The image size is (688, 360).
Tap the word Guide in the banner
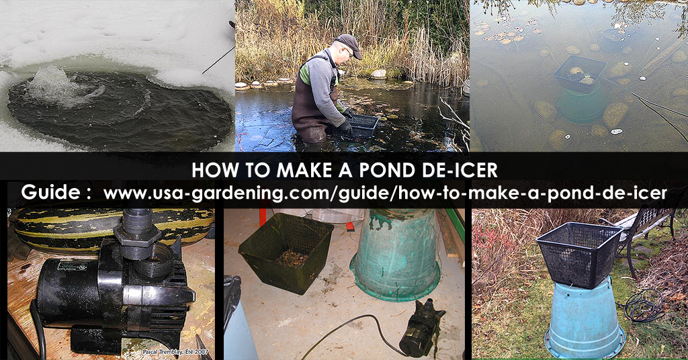(51, 192)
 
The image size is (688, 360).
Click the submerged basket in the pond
(580, 74)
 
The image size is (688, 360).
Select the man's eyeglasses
(349, 52)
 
